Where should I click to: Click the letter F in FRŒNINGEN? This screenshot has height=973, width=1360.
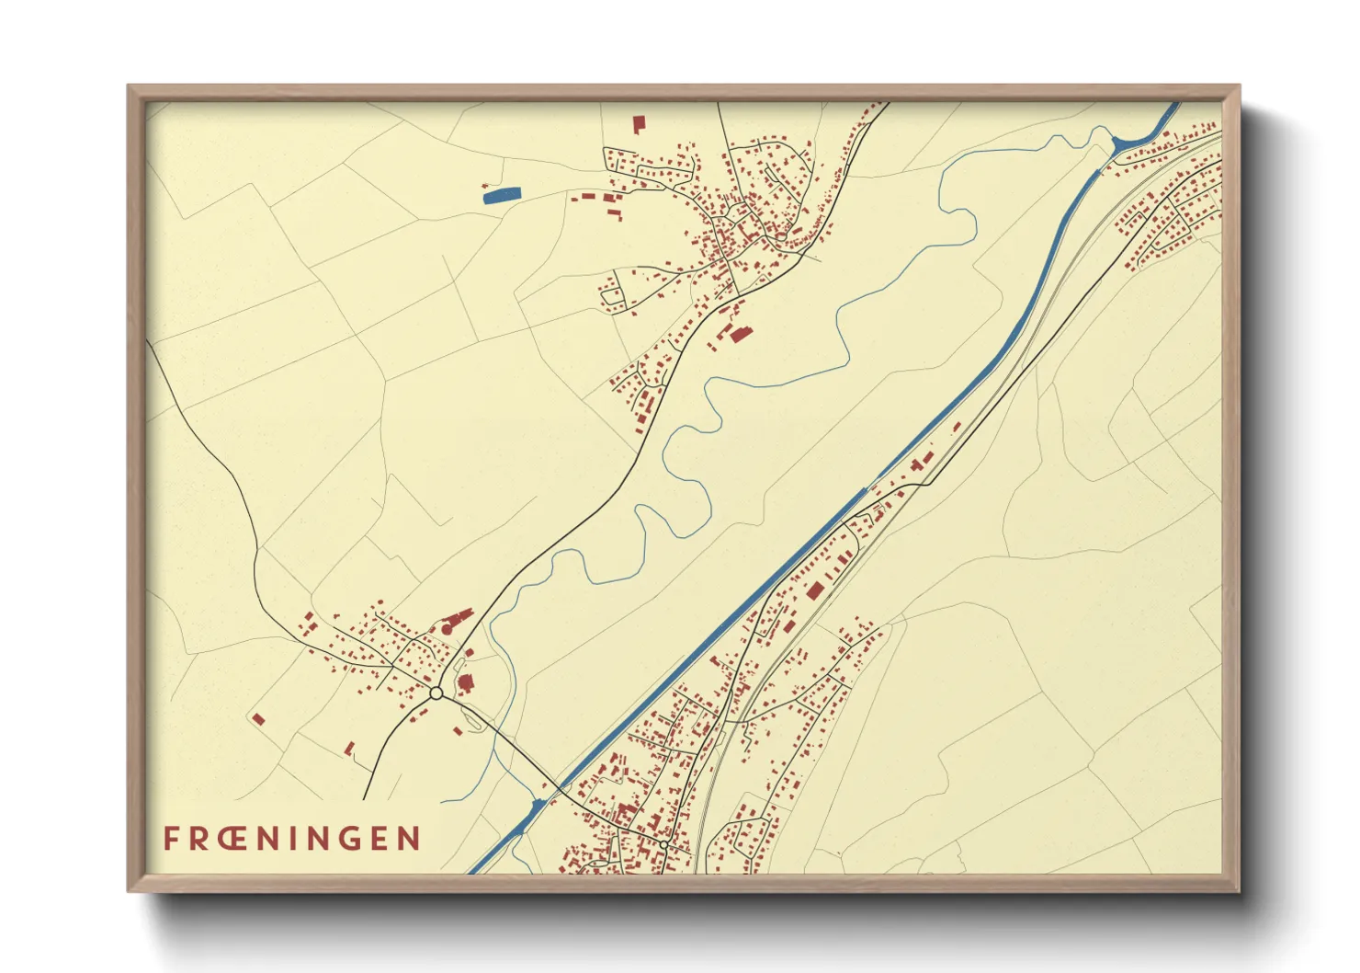172,839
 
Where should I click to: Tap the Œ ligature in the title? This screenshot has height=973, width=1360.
234,839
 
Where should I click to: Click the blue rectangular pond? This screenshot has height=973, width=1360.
502,194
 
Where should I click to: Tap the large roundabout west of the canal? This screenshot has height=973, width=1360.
436,693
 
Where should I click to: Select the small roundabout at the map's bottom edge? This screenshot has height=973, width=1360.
663,843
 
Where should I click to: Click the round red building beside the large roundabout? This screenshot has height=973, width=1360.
464,682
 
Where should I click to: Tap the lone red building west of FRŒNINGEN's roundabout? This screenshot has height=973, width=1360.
258,719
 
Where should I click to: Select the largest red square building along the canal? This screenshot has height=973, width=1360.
813,590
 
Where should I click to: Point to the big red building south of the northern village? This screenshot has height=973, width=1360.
737,334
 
